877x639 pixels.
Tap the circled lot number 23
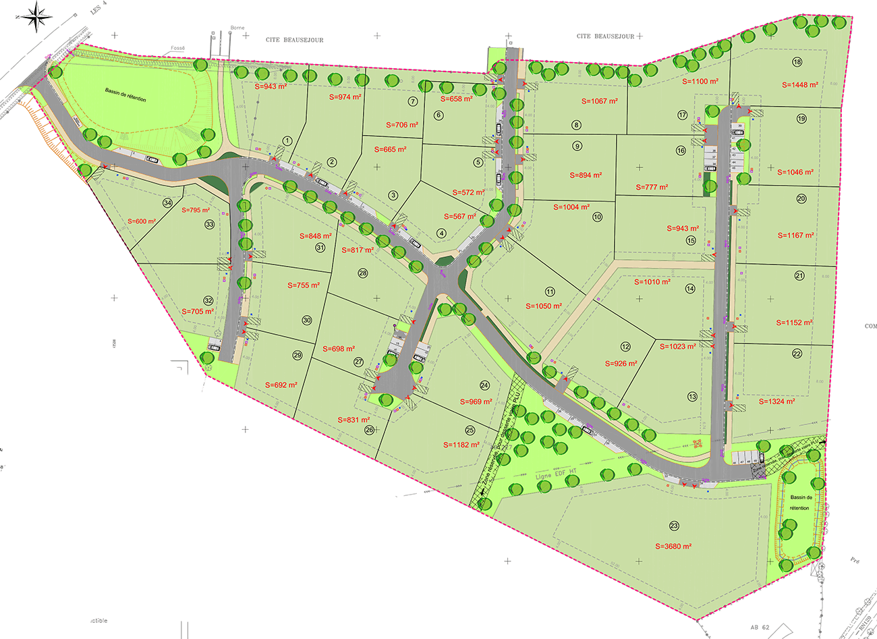(x=674, y=526)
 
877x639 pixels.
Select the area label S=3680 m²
(x=673, y=547)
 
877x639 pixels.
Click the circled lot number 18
(x=797, y=62)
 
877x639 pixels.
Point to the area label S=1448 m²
(x=800, y=85)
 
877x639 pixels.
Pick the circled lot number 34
(x=167, y=202)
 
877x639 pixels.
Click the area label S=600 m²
(x=142, y=221)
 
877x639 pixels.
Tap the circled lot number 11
(x=550, y=291)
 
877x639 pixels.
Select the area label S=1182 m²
(x=461, y=445)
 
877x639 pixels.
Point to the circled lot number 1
(x=287, y=141)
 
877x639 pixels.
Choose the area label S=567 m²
(x=460, y=217)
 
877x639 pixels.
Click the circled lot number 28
(x=363, y=273)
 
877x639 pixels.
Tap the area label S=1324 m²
(x=776, y=401)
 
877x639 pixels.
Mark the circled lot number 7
(x=413, y=101)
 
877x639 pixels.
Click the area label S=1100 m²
(x=700, y=82)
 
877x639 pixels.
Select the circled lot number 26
(x=369, y=430)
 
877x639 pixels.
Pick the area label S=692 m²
(x=281, y=385)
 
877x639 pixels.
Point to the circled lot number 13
(x=692, y=397)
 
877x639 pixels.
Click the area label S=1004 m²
(x=571, y=207)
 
